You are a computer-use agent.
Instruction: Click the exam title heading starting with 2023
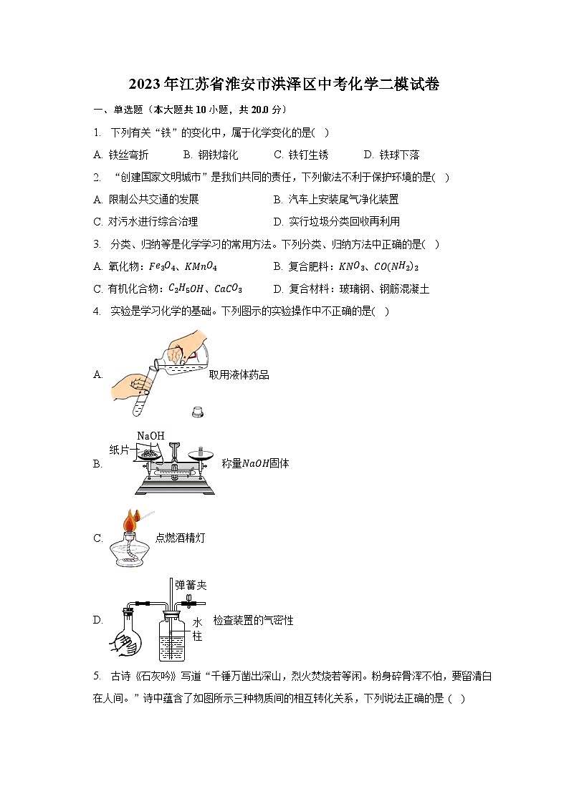tap(284, 84)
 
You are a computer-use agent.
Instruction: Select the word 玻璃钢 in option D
tap(356, 289)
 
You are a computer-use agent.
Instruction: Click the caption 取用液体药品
tap(239, 374)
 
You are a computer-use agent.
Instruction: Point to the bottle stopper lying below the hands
tap(198, 411)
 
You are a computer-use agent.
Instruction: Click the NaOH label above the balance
tap(150, 436)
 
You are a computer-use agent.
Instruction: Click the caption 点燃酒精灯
tap(180, 538)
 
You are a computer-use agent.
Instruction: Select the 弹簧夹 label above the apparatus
tap(191, 585)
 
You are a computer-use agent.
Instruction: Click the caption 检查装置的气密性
tap(253, 620)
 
